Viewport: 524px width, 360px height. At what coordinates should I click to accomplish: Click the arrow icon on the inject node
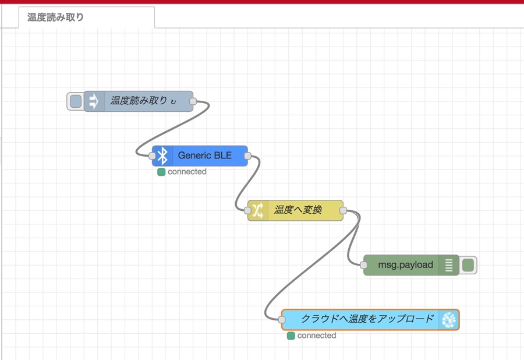[94, 101]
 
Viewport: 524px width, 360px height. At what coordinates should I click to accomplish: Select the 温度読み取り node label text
[139, 100]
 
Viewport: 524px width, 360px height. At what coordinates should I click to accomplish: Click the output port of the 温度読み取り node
[193, 101]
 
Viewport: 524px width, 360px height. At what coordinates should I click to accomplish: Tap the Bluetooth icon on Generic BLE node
[162, 156]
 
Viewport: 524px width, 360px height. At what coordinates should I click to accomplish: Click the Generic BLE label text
[204, 156]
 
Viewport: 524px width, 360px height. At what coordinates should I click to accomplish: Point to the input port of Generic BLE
[152, 156]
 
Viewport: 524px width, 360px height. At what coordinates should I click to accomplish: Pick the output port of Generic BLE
[247, 156]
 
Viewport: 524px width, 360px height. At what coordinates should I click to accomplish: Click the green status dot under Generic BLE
[161, 172]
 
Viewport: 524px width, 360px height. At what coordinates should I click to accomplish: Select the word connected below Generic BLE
[187, 172]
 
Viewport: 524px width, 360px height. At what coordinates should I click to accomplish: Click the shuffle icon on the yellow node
[258, 211]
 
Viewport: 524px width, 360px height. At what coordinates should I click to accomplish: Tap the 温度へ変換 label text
[298, 210]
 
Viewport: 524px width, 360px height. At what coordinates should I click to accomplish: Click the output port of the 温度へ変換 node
[343, 211]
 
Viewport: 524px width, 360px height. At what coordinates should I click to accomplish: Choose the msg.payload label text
[405, 264]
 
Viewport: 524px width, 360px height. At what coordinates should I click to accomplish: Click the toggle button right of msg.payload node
[468, 266]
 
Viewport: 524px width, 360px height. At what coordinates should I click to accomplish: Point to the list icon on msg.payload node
[449, 265]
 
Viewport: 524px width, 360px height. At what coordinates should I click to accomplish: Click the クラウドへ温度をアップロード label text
[367, 319]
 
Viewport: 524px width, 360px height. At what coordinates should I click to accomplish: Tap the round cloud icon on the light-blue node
[449, 320]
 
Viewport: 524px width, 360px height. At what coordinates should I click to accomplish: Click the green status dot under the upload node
[291, 336]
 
